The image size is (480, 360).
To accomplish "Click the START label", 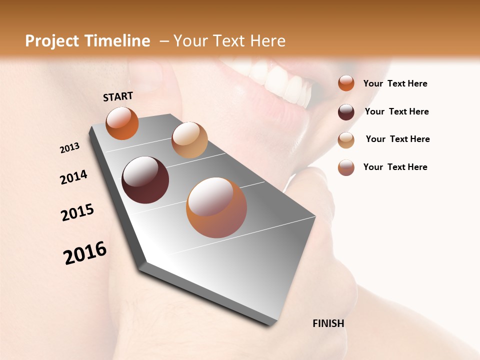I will (118, 96).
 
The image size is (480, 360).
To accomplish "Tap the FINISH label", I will (328, 323).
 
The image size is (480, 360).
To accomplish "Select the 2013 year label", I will (69, 148).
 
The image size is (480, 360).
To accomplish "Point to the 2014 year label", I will (73, 177).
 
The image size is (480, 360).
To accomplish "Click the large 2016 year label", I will (85, 253).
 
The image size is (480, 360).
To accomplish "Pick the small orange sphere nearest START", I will (122, 123).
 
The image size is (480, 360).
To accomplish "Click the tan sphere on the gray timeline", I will (189, 140).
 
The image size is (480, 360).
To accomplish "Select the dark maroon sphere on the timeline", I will (145, 180).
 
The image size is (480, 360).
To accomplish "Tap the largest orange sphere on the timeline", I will (216, 207).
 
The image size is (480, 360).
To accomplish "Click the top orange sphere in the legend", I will (346, 83).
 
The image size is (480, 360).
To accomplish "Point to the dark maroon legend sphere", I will (346, 112).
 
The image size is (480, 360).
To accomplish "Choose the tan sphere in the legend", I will (346, 140).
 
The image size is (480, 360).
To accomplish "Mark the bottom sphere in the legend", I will (346, 167).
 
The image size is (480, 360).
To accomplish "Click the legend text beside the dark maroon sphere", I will (396, 111).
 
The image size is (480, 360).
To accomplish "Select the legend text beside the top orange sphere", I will (395, 83).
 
